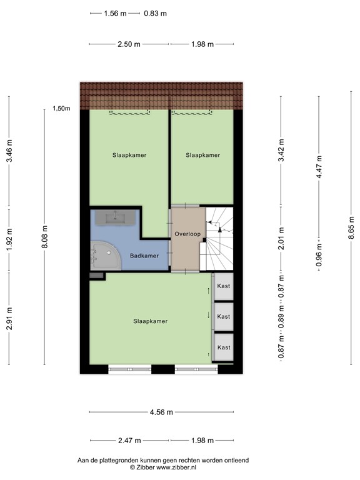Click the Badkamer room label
[x=144, y=256]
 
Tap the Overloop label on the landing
[x=188, y=234]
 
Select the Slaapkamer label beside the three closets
[x=150, y=321]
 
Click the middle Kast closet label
[x=223, y=317]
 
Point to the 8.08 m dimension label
[x=44, y=237]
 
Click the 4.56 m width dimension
[x=162, y=412]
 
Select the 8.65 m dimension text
[x=351, y=229]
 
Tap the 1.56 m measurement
[x=114, y=13]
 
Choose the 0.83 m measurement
[x=155, y=13]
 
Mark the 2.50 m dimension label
[x=129, y=44]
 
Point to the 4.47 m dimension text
[x=319, y=167]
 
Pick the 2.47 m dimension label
[x=129, y=440]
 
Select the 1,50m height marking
[x=61, y=109]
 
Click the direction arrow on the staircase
[x=219, y=230]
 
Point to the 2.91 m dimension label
[x=9, y=319]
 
